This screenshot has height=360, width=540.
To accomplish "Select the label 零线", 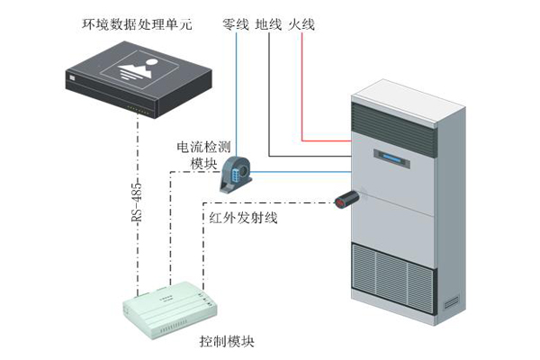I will (x=235, y=25).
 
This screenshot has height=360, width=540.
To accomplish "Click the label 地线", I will (x=268, y=25).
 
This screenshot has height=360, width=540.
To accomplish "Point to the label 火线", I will (x=301, y=25).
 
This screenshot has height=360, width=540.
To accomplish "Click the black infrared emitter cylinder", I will (x=350, y=199).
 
